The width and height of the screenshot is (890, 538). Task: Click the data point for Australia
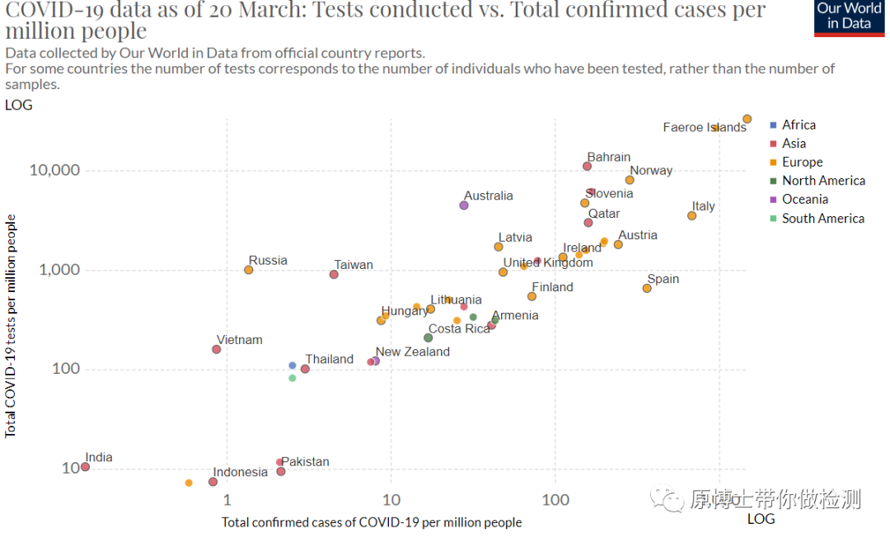coord(464,205)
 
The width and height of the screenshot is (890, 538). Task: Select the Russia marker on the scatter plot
coord(249,270)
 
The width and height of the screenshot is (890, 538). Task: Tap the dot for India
coord(85,467)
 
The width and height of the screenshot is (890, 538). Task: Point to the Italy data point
coord(691,216)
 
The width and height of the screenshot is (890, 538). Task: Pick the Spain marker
coord(647,289)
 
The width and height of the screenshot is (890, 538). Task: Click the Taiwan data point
coord(334,275)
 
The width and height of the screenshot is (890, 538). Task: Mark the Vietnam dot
coord(216,349)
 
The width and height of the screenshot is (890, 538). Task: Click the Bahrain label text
coord(608,157)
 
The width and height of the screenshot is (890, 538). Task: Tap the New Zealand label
coord(413,352)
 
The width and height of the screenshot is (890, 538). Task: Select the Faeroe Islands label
coord(705,127)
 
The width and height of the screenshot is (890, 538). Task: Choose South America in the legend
coord(817,219)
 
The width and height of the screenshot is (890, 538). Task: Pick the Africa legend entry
coord(793,125)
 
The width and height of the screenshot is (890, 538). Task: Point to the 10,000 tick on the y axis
coord(54,170)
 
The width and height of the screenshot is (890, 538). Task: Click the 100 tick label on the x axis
coord(555,500)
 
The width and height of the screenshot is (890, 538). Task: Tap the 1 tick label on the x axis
coord(227,500)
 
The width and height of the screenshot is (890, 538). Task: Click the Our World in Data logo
coord(849,18)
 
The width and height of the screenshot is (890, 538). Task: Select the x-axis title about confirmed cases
coord(371,522)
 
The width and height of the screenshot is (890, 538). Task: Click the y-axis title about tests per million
coord(10,326)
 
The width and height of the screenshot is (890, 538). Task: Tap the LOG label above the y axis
coord(19,105)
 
